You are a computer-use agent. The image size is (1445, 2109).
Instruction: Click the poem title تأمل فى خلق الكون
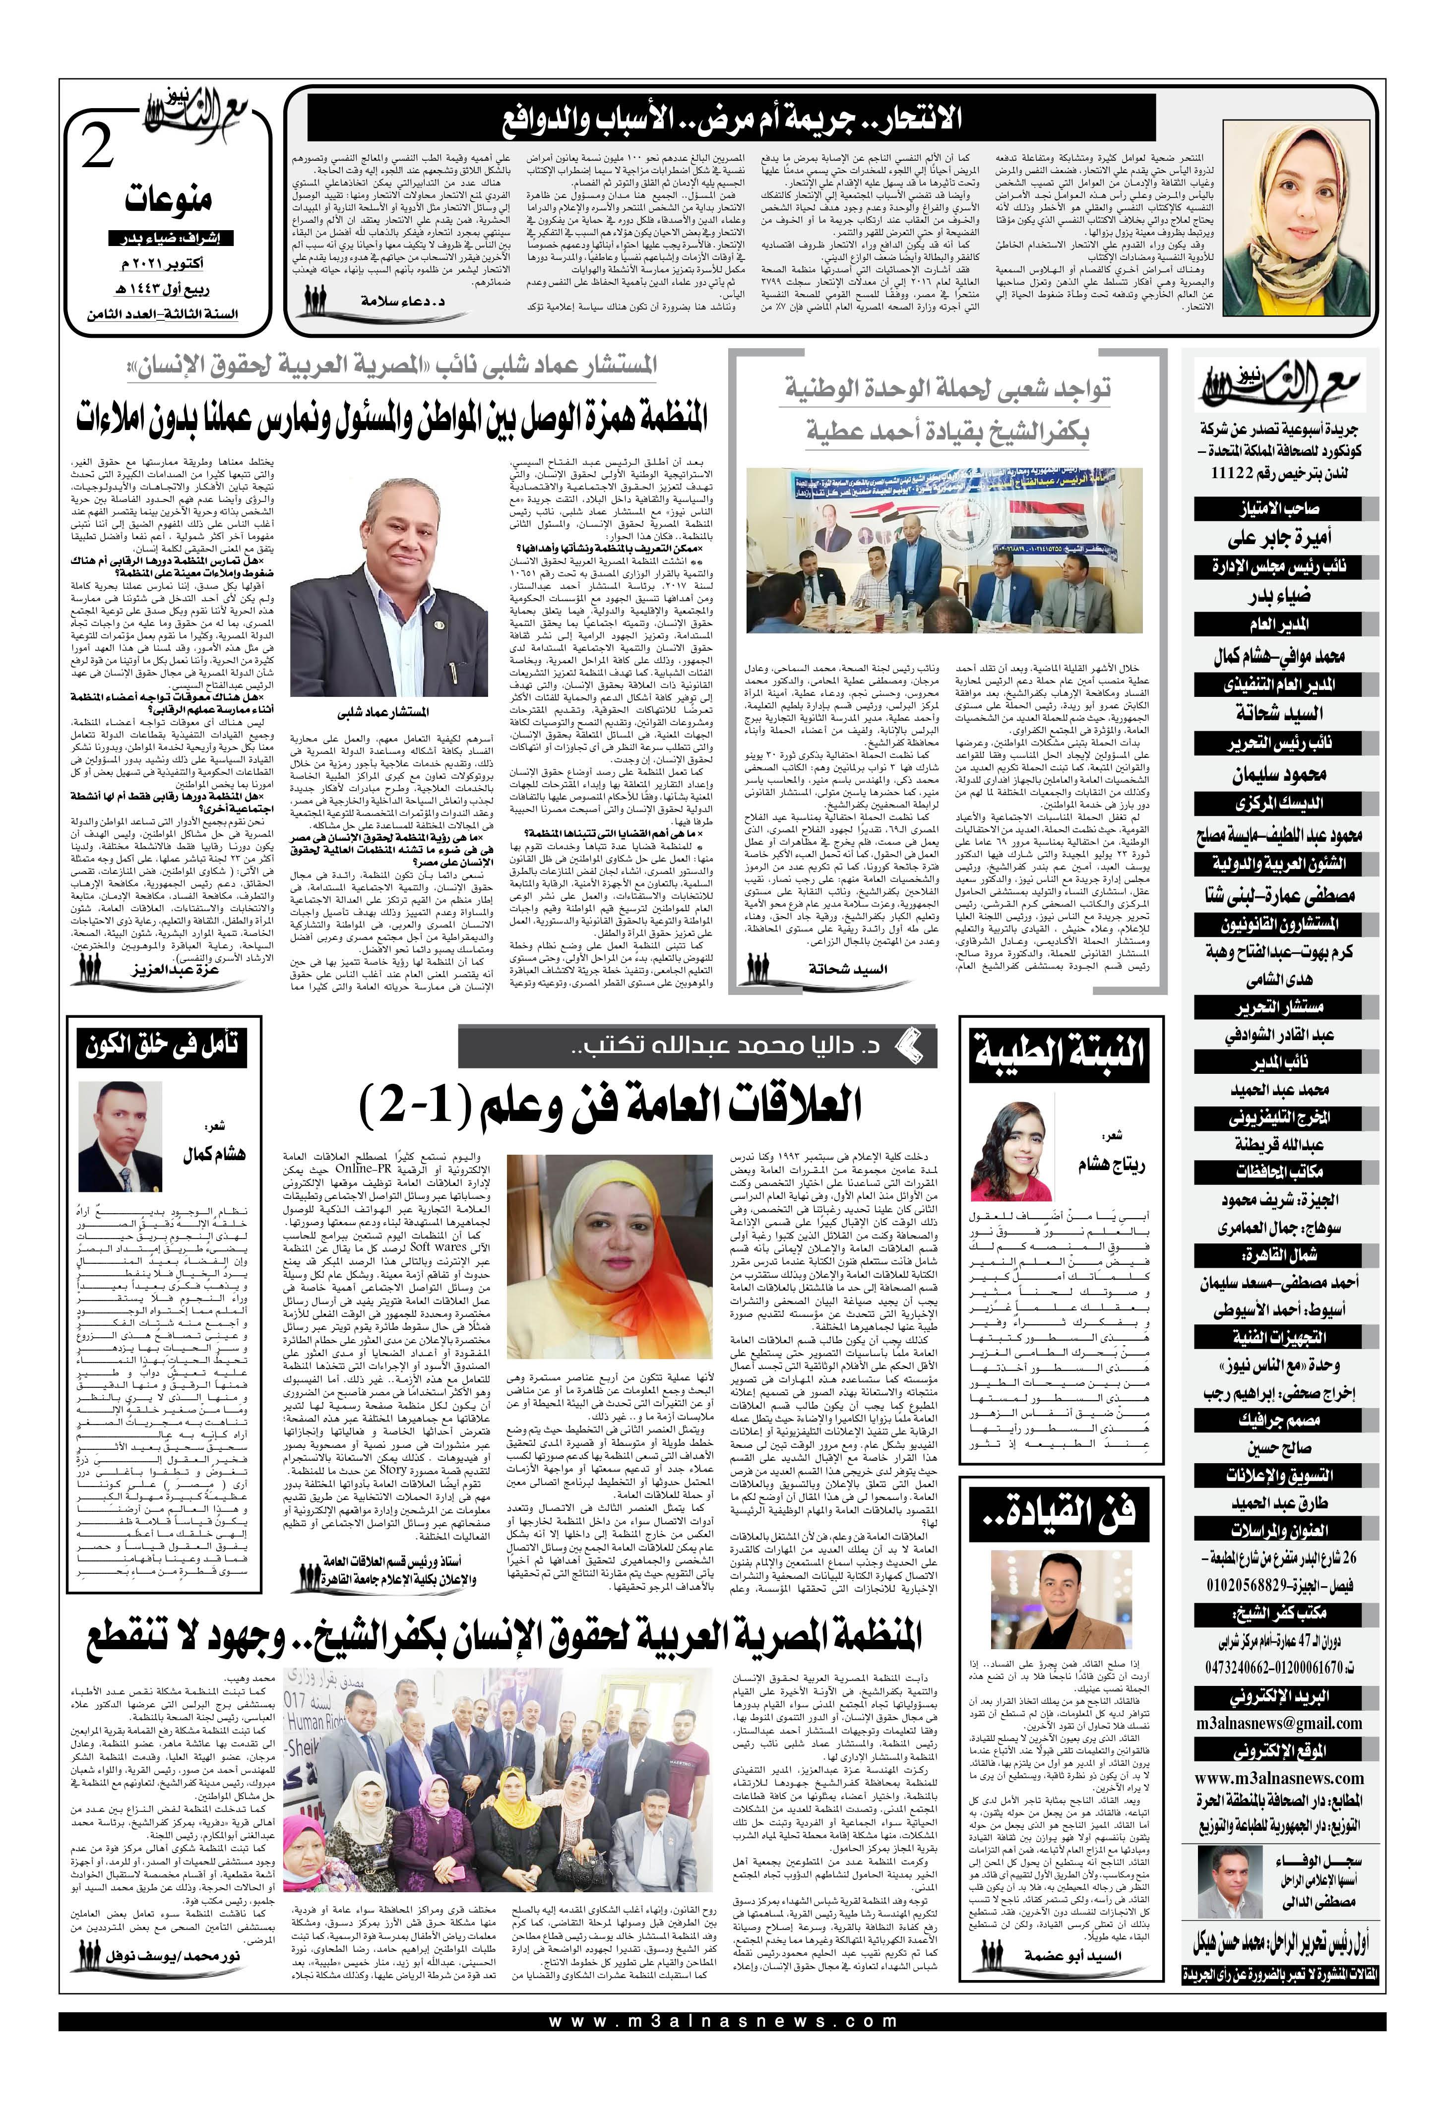click(163, 1047)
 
